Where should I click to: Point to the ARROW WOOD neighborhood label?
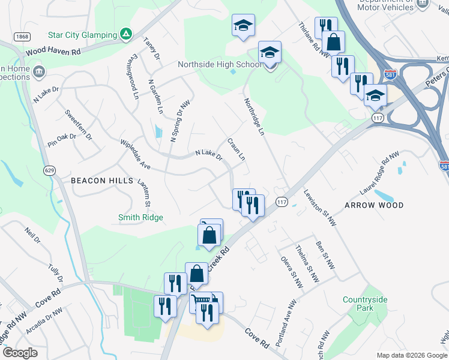[373, 205]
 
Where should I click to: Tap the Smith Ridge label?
[140, 217]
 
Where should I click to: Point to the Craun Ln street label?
[237, 149]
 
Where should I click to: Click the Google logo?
[20, 353]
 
